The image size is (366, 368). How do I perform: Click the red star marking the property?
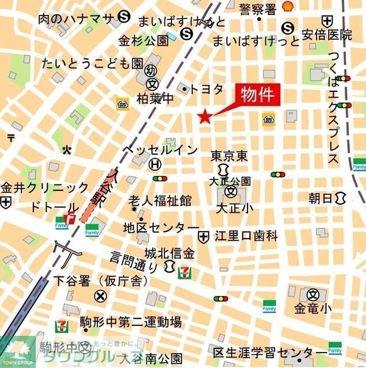[x=204, y=117]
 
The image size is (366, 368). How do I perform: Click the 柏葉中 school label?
[x=155, y=99]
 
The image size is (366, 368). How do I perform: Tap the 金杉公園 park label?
[x=143, y=41]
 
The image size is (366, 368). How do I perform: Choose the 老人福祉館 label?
[x=160, y=201]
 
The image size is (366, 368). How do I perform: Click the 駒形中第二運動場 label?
[x=131, y=321]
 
